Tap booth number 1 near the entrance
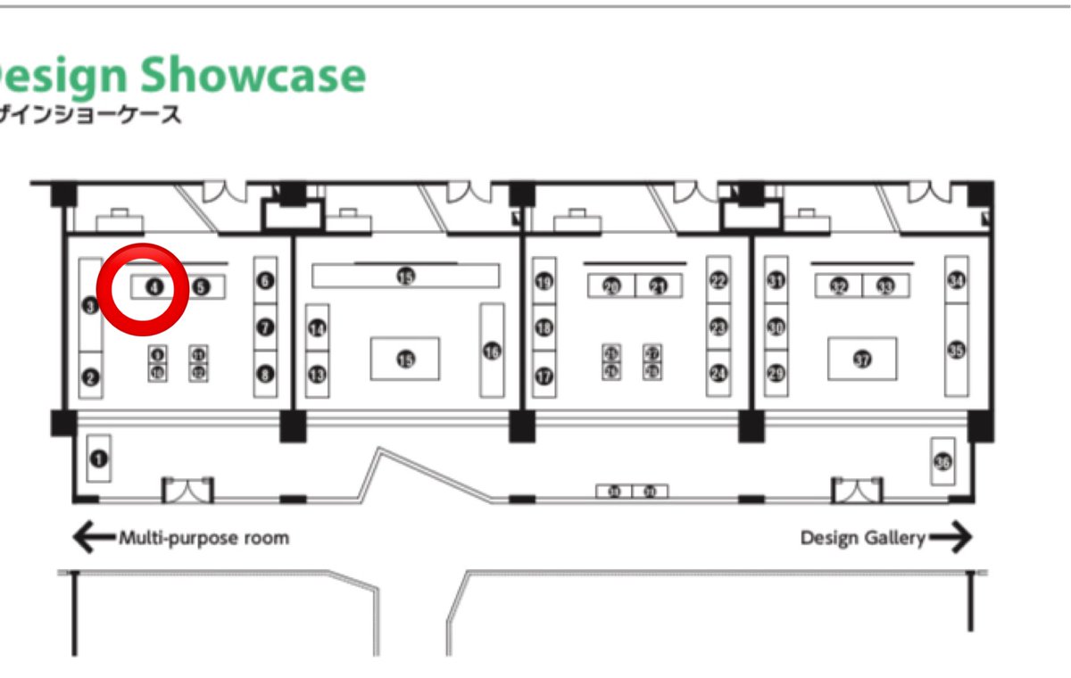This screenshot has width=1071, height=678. coord(98,459)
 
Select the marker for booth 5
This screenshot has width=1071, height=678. coord(201,286)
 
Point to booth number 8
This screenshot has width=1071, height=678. coord(265,376)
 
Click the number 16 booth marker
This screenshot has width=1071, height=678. coord(492,351)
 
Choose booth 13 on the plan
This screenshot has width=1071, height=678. coord(317,376)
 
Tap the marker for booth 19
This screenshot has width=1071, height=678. coord(544,283)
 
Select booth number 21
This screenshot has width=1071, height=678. coord(659,286)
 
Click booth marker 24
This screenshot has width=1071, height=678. coord(718,374)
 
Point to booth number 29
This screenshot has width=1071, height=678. coord(776,374)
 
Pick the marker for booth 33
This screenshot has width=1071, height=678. coord(885,286)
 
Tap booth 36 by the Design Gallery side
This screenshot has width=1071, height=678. coord(943,461)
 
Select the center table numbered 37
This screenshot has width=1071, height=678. coord(862,360)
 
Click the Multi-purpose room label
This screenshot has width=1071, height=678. coord(203,538)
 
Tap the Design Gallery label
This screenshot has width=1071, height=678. coord(862,538)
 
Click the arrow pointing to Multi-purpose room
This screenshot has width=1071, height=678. coord(93,538)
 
